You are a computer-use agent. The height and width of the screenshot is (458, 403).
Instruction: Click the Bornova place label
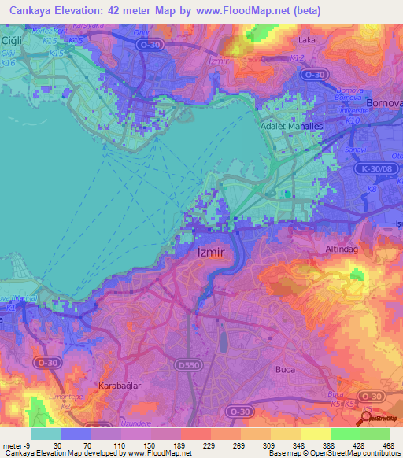(383, 103)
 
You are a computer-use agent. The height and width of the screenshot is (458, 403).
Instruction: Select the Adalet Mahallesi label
(293, 126)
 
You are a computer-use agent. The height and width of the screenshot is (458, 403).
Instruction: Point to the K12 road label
(297, 58)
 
